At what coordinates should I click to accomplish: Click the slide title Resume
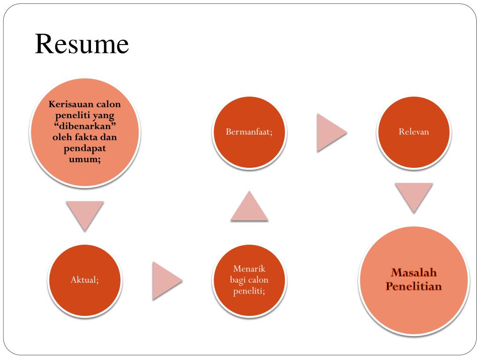coord(82,45)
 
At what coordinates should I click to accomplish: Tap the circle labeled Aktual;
coord(85,280)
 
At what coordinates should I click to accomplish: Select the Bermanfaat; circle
coord(249,132)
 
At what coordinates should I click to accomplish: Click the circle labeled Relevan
coord(413,132)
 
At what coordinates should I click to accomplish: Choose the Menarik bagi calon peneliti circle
coord(249,280)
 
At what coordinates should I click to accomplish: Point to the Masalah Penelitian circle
coord(413,280)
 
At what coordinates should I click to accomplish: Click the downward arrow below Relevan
coord(413,195)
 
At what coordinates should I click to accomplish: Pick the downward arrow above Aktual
coord(85,214)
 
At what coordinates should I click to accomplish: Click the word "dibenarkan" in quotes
coord(85,126)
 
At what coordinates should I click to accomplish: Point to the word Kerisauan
coord(67,104)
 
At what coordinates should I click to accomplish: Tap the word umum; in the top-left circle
coord(85,159)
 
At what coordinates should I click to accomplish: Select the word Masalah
coord(414,273)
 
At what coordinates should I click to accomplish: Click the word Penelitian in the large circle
coord(414,286)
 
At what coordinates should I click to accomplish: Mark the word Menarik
coord(249,269)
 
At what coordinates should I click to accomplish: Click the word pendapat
coord(85,149)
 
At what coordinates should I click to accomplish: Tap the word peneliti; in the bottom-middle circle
coord(249,292)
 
